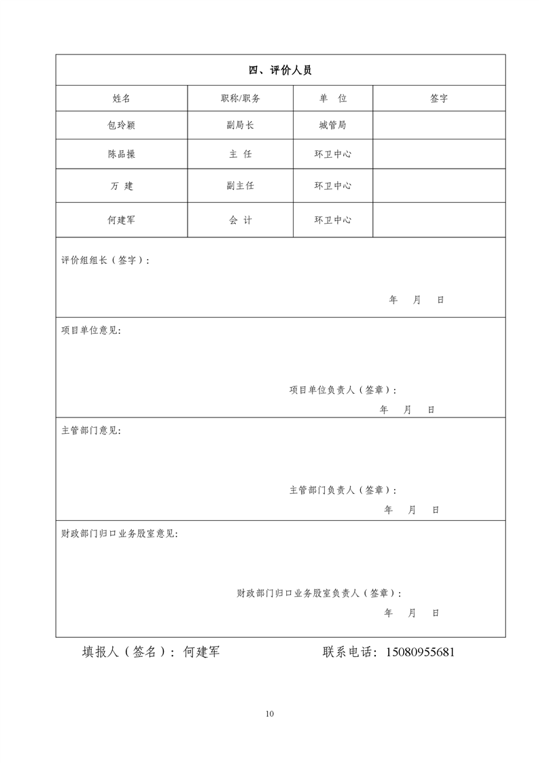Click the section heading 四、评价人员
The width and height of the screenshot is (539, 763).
[280, 70]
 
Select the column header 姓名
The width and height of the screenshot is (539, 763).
[122, 99]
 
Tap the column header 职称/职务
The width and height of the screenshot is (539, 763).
[240, 99]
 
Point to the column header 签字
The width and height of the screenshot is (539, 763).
[439, 99]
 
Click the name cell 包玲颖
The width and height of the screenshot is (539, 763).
[122, 126]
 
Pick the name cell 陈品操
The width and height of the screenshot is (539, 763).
[122, 154]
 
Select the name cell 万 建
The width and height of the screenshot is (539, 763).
[122, 186]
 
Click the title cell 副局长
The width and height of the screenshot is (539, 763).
[240, 126]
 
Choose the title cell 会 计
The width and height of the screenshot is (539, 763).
[240, 220]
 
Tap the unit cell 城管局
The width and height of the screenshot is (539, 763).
[332, 126]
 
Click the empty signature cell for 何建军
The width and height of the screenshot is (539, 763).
[439, 220]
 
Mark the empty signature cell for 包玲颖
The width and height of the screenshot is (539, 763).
[439, 126]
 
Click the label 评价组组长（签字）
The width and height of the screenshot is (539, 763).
[105, 260]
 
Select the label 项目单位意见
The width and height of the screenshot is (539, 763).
[91, 330]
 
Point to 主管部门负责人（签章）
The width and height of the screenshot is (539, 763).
[343, 490]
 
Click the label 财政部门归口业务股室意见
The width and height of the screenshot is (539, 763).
[120, 534]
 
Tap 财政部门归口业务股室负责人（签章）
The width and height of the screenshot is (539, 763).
[319, 594]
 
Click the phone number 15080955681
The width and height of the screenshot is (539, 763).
[419, 652]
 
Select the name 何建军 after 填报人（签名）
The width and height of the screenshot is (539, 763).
[202, 652]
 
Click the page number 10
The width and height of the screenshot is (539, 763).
[270, 714]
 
